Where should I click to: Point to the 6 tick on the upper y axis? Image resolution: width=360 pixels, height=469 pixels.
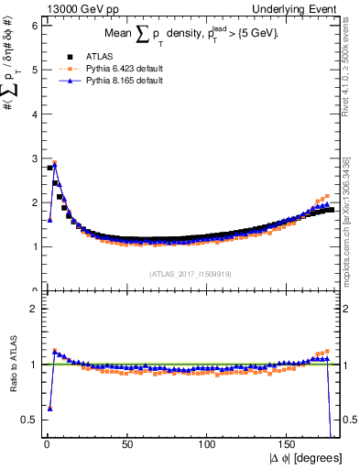34,26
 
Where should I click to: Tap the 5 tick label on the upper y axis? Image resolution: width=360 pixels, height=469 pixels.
34,70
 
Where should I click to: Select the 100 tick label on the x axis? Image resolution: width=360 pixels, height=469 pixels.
208,444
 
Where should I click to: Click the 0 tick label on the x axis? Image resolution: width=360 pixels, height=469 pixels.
46,444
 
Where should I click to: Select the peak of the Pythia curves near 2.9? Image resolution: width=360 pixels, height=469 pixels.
54,163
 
